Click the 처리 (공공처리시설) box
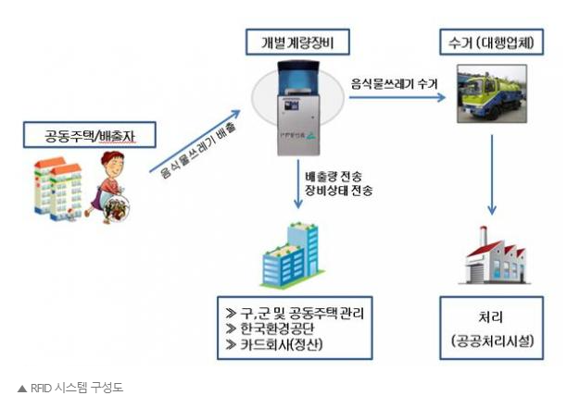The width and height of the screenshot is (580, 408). [491, 326]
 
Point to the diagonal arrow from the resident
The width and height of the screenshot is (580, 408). [195, 148]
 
